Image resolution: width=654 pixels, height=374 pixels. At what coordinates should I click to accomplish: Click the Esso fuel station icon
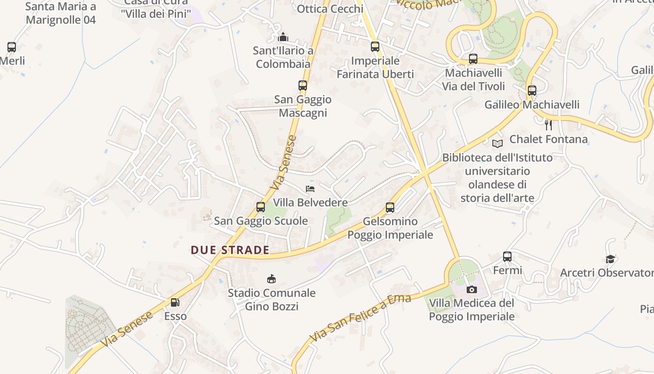click(175, 302)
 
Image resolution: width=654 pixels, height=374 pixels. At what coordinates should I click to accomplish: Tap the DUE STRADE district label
click(230, 250)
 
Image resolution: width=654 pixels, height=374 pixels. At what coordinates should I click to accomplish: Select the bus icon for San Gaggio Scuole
click(261, 207)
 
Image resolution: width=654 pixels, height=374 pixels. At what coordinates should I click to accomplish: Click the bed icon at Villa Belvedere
click(310, 189)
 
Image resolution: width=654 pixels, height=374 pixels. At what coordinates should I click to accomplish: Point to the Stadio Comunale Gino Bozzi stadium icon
click(271, 279)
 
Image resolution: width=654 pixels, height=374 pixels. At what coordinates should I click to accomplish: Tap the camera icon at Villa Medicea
click(472, 289)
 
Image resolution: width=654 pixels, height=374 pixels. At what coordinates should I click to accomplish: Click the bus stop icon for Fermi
click(507, 256)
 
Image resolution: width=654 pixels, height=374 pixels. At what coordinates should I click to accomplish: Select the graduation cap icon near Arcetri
click(610, 259)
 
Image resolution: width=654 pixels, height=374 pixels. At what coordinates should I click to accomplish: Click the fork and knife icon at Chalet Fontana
click(548, 125)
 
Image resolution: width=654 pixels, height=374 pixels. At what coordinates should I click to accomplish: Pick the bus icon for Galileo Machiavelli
click(532, 91)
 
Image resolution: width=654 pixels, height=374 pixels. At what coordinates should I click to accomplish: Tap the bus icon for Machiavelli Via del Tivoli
click(473, 59)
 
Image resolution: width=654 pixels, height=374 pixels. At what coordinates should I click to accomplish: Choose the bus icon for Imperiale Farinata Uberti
click(375, 47)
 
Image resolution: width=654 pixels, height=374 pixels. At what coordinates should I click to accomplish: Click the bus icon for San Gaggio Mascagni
click(303, 86)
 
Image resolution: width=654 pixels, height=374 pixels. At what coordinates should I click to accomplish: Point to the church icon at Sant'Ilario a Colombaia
click(283, 37)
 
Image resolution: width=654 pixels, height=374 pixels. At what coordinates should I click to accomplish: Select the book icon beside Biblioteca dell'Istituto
click(498, 144)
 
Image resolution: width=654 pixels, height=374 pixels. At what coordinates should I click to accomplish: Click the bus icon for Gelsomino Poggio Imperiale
click(390, 208)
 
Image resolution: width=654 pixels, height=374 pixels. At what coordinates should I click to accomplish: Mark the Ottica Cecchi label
click(330, 9)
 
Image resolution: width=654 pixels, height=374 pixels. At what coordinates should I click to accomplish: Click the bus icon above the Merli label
click(12, 47)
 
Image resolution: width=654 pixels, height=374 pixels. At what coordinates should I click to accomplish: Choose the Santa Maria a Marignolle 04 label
click(61, 13)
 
